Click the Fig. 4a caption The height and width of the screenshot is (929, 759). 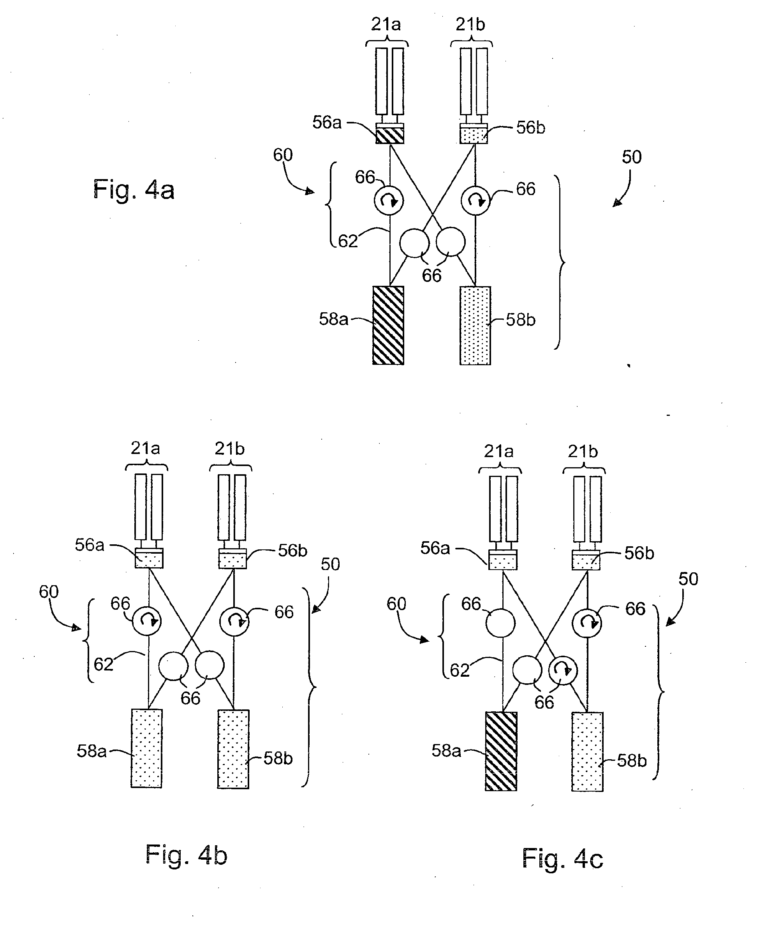[x=134, y=190]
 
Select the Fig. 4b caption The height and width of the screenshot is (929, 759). [x=186, y=855]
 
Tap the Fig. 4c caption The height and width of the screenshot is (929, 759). [x=562, y=859]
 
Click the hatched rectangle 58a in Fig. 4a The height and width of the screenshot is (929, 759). [x=388, y=325]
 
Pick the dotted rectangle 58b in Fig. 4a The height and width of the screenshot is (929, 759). [x=475, y=325]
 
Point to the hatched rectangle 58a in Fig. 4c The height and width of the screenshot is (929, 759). [x=501, y=751]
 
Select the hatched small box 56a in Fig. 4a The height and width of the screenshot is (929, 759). [x=389, y=135]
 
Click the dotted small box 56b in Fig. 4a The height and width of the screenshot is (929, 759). [x=474, y=135]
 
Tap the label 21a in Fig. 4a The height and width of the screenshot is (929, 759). [x=386, y=25]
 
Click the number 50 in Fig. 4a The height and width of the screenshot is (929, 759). [x=631, y=157]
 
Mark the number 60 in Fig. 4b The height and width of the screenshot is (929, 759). [x=49, y=592]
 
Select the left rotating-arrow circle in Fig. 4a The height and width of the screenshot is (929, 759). [x=388, y=201]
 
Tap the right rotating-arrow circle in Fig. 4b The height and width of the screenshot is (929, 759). [x=234, y=621]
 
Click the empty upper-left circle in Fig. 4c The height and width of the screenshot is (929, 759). [x=501, y=623]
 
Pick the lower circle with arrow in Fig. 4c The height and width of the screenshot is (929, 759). [x=563, y=670]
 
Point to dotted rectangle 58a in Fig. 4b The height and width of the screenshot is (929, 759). [x=146, y=748]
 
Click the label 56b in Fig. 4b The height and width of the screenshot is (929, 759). [x=292, y=551]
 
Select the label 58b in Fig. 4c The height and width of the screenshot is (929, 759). [x=631, y=761]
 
